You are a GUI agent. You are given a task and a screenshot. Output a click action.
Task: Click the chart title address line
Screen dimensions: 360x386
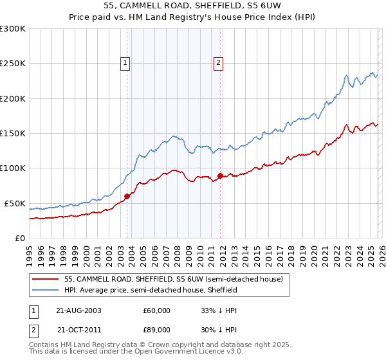click(x=192, y=5)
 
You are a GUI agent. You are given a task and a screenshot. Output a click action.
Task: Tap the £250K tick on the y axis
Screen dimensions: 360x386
click(x=12, y=64)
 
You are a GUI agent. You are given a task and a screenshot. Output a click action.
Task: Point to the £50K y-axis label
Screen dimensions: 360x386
click(x=14, y=203)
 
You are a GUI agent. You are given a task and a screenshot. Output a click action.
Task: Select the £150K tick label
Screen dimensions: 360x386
click(x=12, y=134)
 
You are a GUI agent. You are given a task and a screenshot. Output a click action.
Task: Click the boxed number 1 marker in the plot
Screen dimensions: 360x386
click(x=125, y=62)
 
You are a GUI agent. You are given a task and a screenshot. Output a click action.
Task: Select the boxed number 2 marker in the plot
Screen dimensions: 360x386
click(x=219, y=62)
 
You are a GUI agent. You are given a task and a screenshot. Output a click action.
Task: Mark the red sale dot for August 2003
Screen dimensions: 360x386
click(x=127, y=197)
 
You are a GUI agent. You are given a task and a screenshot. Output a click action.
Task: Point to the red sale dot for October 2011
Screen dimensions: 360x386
click(x=220, y=175)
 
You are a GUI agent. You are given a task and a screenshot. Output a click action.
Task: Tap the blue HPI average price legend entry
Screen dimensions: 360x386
click(x=151, y=290)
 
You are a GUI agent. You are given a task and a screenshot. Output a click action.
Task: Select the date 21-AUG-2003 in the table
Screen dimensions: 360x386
click(x=78, y=310)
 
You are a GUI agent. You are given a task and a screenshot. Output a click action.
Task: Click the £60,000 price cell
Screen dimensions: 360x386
click(x=156, y=310)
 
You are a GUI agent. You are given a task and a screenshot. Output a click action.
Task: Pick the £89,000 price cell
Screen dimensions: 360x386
click(x=156, y=329)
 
